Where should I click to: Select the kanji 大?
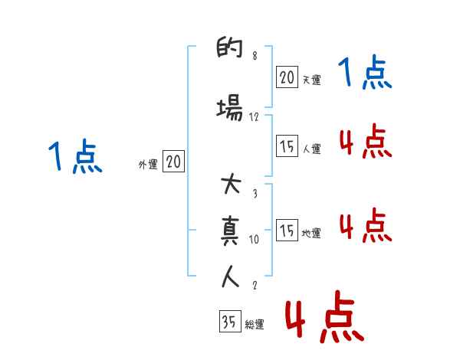click(x=231, y=186)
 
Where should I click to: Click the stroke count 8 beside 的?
click(x=255, y=57)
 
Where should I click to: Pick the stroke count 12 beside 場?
click(x=255, y=117)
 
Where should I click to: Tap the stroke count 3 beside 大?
click(x=255, y=194)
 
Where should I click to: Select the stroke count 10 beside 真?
click(x=255, y=240)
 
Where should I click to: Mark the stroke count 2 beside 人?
click(x=255, y=286)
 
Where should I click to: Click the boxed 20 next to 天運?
click(x=287, y=77)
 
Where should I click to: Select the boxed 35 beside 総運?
click(x=229, y=322)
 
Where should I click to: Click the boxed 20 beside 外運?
click(x=173, y=162)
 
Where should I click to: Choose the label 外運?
click(x=147, y=164)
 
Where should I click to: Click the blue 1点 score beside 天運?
click(x=365, y=74)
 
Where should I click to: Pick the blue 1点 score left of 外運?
click(x=74, y=158)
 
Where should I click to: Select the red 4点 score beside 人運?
click(x=365, y=142)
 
